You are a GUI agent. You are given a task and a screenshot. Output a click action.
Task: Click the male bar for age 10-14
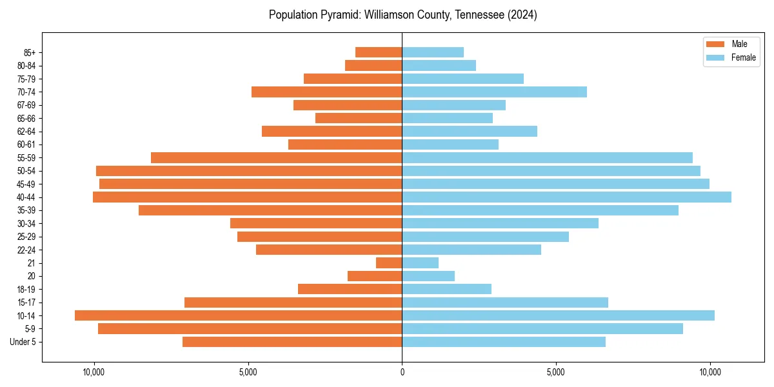click(238, 315)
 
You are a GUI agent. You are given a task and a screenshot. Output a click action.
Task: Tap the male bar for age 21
click(389, 263)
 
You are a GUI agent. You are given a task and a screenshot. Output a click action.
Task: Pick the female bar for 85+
click(433, 52)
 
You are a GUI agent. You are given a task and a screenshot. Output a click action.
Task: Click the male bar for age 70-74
click(326, 92)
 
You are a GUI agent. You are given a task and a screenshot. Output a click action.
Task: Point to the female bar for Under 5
click(504, 342)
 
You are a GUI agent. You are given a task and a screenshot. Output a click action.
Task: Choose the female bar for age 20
click(428, 276)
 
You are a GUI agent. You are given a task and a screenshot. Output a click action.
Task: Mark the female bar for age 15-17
click(505, 303)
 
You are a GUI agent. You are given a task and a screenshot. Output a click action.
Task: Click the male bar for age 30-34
click(316, 223)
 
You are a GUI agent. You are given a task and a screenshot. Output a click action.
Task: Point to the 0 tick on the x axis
click(402, 372)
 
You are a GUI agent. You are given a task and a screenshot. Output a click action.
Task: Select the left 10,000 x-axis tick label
click(94, 372)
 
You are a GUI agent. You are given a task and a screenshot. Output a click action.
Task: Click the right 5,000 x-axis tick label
click(556, 372)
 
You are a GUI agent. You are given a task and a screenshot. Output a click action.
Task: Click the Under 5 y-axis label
click(23, 342)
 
